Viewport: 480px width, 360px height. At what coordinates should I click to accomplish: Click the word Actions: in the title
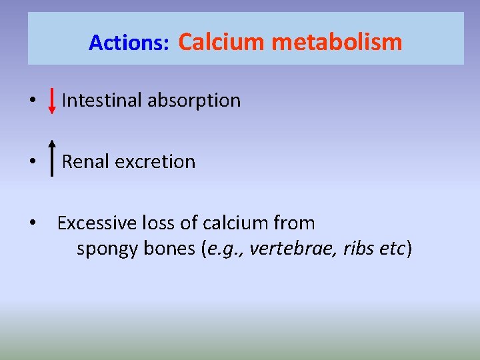129,43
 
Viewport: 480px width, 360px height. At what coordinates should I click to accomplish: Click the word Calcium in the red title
221,42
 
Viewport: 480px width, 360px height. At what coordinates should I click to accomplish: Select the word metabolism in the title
337,42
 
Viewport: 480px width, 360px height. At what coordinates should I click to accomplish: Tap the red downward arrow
52,101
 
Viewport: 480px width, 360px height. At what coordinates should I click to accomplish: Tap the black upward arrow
52,157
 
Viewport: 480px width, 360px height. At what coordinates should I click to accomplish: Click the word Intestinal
101,101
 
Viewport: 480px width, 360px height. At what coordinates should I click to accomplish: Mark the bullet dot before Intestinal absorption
31,101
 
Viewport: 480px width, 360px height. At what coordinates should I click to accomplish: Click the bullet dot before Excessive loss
31,223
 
